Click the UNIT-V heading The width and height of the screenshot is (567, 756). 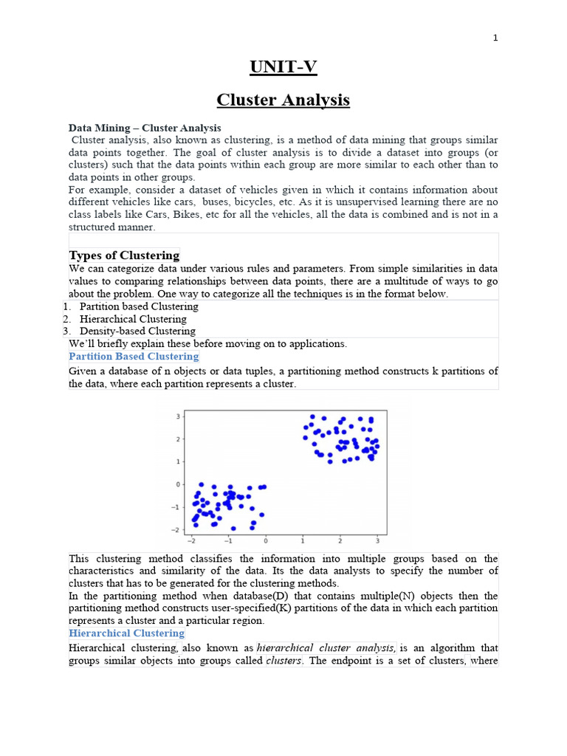click(283, 67)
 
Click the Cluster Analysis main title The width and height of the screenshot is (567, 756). click(283, 100)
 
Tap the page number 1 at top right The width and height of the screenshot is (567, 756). click(496, 38)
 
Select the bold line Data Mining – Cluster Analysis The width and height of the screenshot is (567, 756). click(145, 128)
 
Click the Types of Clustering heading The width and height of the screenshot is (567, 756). click(124, 255)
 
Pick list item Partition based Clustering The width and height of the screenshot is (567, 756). click(139, 306)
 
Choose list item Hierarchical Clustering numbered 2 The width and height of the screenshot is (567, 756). click(133, 319)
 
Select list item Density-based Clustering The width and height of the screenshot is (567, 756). click(137, 331)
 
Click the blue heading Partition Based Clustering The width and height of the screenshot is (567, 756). click(134, 357)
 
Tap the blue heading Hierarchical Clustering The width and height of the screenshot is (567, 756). click(126, 633)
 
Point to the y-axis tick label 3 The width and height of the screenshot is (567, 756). click(177, 416)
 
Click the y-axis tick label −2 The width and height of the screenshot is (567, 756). click(175, 530)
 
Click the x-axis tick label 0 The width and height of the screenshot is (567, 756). click(266, 540)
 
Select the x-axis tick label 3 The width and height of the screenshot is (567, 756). click(377, 540)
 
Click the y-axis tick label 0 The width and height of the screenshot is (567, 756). click(177, 484)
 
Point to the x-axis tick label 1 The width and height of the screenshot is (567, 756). click(303, 540)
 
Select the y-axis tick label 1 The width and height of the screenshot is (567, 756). click(177, 461)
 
